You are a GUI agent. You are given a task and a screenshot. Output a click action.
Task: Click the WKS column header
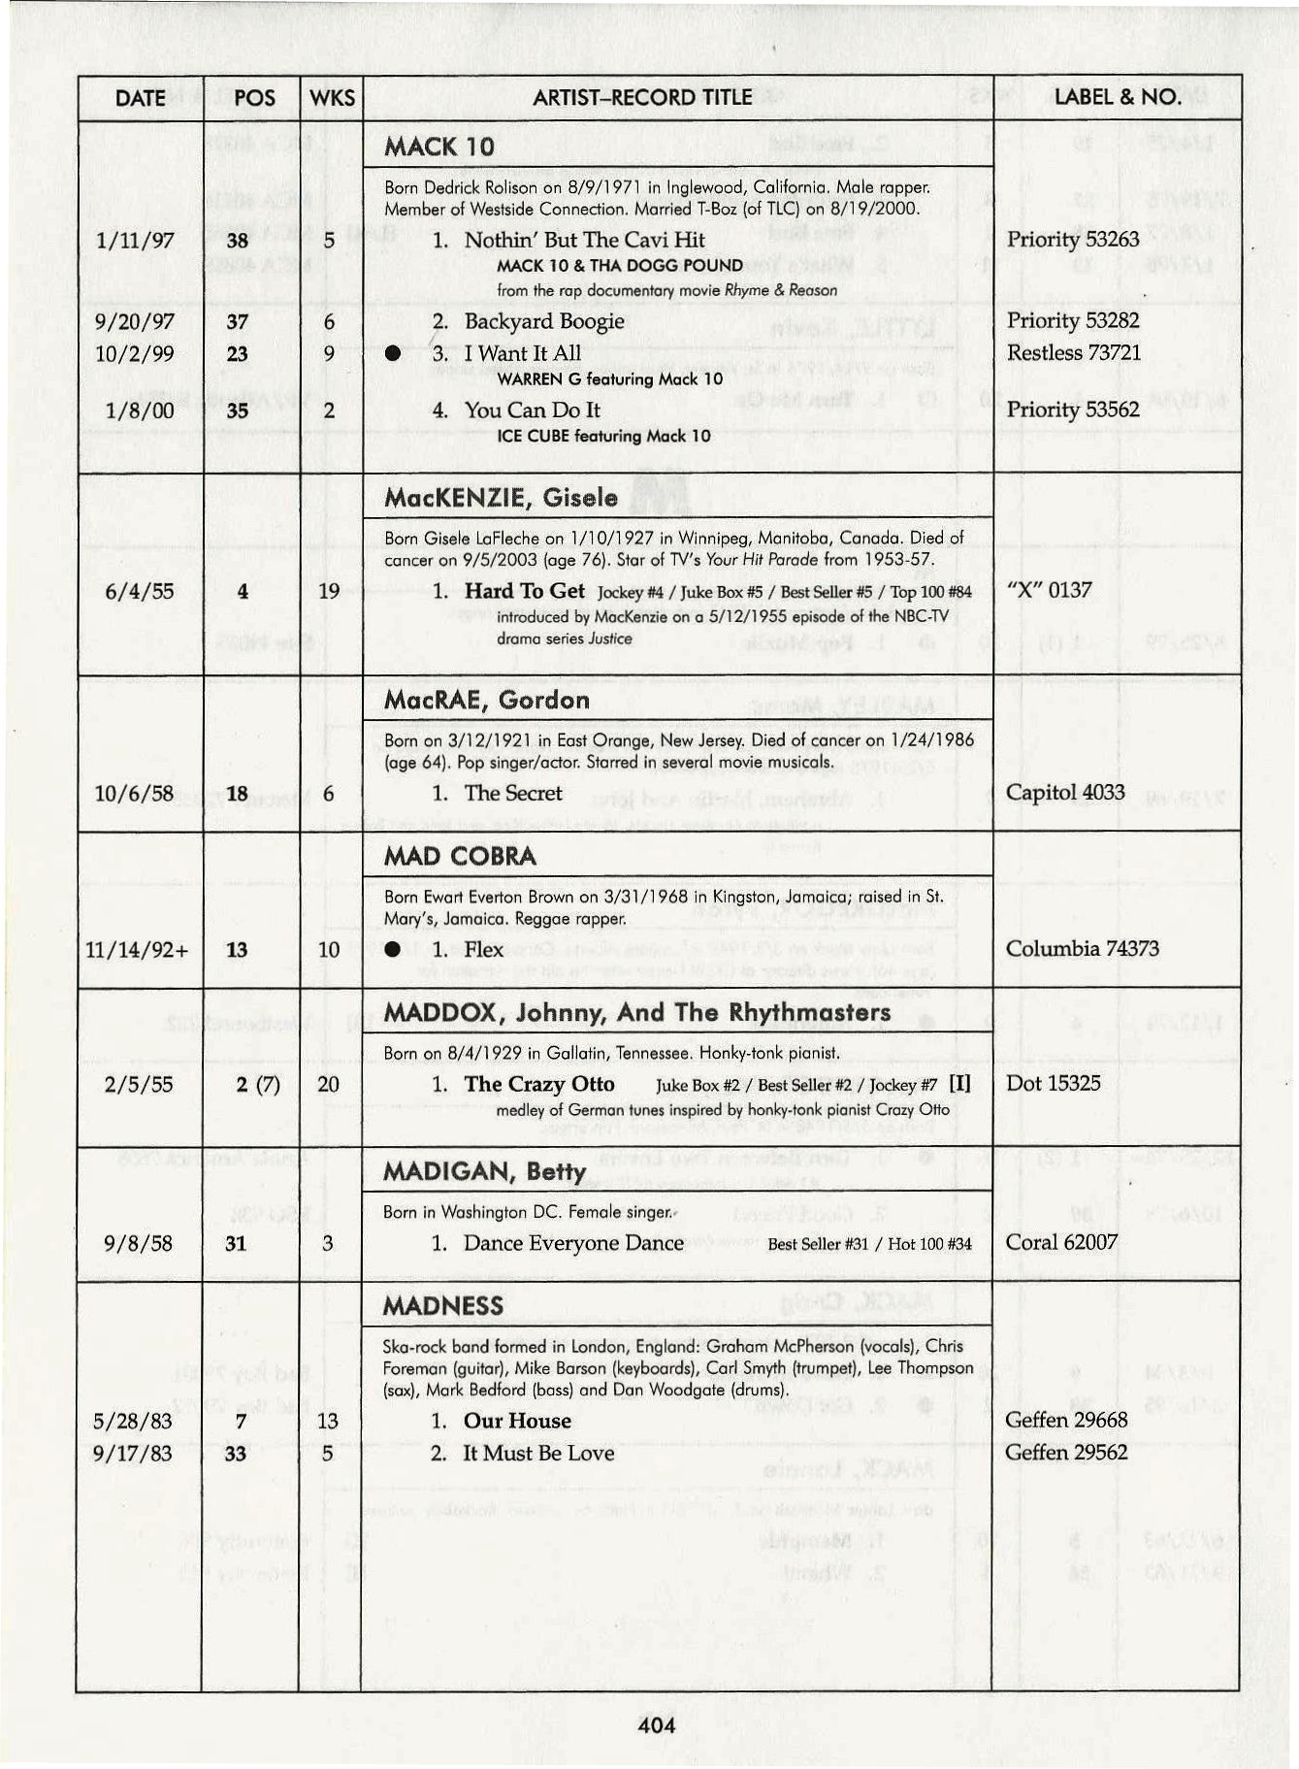(332, 98)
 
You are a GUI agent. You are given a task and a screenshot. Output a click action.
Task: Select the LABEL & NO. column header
(1117, 97)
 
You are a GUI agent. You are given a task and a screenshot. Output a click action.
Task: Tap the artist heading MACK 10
(439, 147)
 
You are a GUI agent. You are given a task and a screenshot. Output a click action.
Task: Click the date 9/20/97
(135, 322)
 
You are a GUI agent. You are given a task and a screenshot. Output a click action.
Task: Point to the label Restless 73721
(1073, 353)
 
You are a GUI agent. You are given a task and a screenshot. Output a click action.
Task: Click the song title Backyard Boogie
(544, 322)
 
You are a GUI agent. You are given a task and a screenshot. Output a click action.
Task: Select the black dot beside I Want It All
(392, 354)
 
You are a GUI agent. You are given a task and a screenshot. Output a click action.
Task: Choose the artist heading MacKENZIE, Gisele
(501, 498)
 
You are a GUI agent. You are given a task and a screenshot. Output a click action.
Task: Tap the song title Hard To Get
(524, 591)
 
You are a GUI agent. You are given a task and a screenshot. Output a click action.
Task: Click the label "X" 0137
(1049, 590)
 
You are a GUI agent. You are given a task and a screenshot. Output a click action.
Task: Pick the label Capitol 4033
(1065, 793)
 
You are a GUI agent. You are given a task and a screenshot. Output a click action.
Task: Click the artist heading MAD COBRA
(460, 856)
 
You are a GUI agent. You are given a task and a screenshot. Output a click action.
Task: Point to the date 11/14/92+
(137, 950)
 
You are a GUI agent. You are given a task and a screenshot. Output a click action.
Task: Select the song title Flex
(483, 949)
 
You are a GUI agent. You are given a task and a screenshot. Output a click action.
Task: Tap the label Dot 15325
(1054, 1084)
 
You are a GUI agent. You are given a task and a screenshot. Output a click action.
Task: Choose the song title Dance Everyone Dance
(573, 1244)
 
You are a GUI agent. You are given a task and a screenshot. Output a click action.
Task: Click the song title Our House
(517, 1422)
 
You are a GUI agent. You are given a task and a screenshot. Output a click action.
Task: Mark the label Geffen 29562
(1066, 1453)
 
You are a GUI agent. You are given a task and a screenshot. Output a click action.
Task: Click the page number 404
(657, 1725)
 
